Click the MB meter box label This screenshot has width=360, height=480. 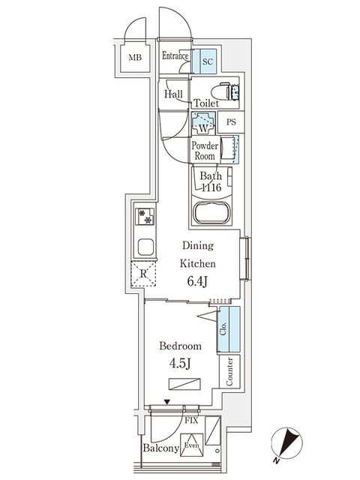coord(134,58)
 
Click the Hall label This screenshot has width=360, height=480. coord(174,94)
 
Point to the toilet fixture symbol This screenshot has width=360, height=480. coord(232,92)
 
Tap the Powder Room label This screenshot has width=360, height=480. coord(204,151)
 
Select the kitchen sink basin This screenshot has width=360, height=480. coord(145,247)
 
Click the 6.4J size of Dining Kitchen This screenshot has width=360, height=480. coord(196,282)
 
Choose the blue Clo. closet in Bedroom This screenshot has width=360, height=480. coord(228,330)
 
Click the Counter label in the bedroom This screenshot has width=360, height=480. coord(229,371)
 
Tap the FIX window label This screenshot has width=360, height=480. coord(191,421)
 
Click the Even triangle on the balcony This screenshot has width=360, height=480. coord(192,442)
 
